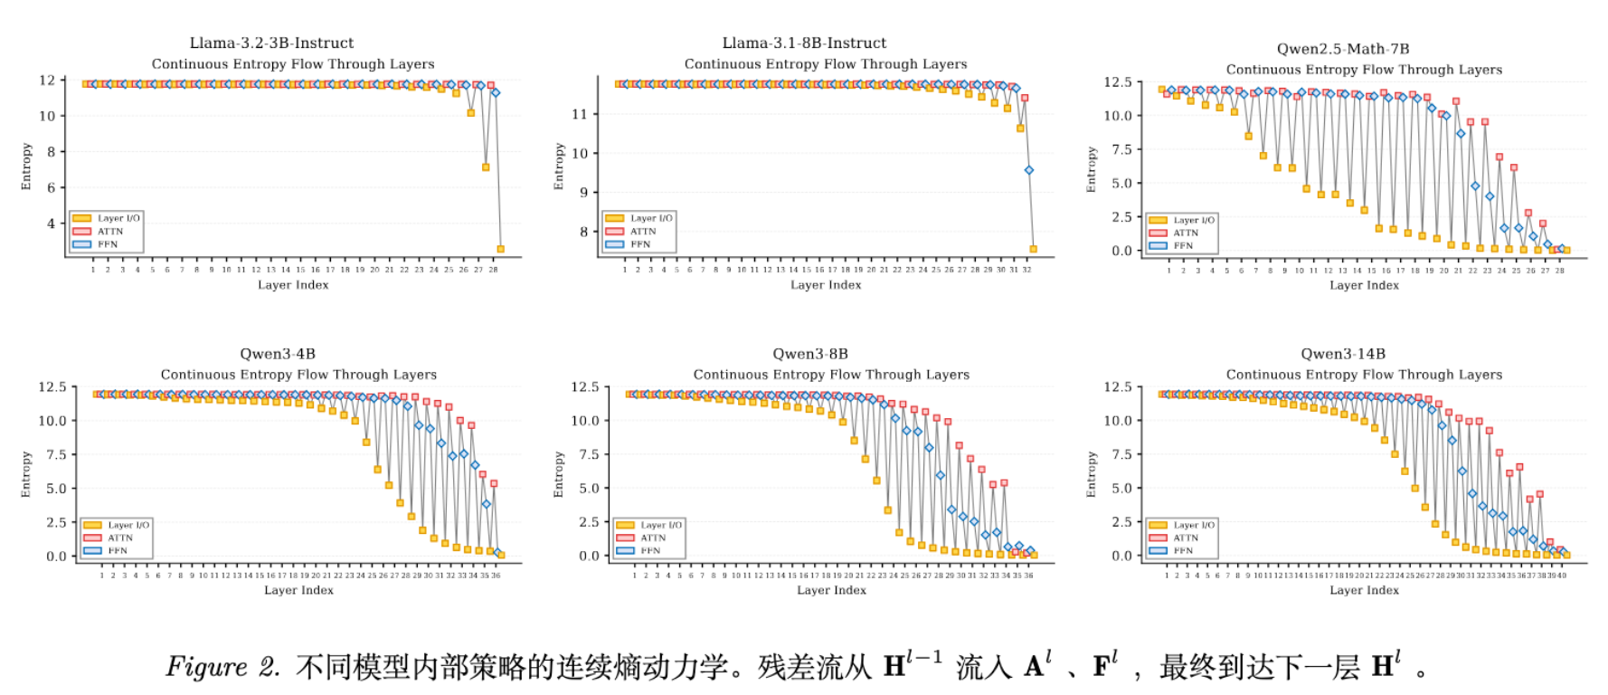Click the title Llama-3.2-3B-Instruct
[x=271, y=43]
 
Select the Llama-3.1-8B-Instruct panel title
[x=804, y=43]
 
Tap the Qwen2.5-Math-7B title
[x=1343, y=49]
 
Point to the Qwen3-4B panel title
[x=278, y=354]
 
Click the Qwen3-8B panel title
[x=810, y=354]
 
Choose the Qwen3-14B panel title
[x=1343, y=354]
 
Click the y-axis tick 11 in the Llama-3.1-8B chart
[x=580, y=114]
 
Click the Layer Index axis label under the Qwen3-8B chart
[x=831, y=590]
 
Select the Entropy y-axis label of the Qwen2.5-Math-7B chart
[x=1092, y=169]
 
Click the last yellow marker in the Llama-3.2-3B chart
[x=500, y=249]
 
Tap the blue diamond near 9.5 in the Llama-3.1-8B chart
[x=1028, y=170]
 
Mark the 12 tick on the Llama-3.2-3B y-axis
[x=47, y=81]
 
